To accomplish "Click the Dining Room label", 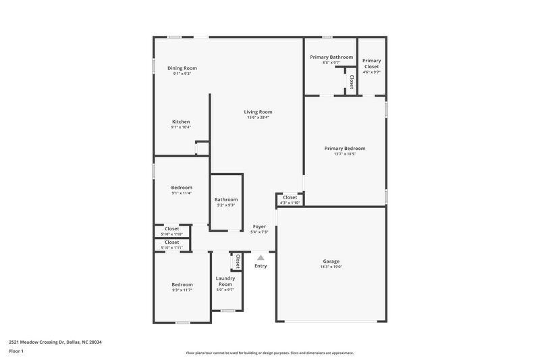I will tap(182, 68).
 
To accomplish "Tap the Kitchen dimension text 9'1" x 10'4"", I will tap(181, 128).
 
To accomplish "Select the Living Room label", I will tap(258, 111).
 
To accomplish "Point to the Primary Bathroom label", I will tap(331, 57).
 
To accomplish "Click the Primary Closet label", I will tap(371, 63).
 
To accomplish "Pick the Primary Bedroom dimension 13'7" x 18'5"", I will tap(344, 154).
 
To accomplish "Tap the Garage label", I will tap(331, 261).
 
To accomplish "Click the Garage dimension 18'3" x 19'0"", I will tap(331, 267).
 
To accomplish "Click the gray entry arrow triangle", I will tap(261, 257).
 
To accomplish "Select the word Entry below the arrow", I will tap(261, 266).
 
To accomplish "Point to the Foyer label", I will tap(259, 226).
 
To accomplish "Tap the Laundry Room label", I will tap(225, 281).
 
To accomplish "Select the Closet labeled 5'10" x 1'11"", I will tap(172, 245).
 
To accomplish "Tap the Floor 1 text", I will tap(16, 351).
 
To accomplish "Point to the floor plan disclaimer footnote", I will tap(269, 353).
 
